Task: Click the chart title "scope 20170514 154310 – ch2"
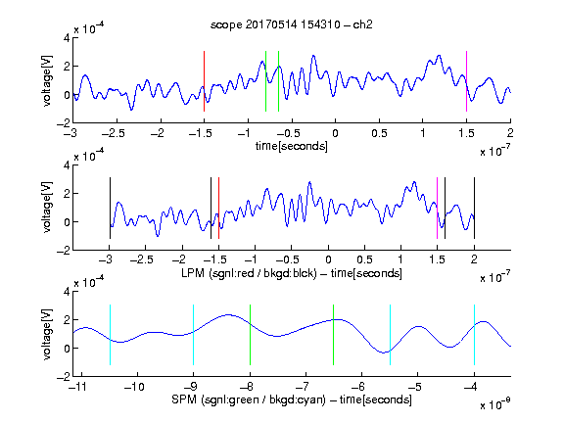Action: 292,24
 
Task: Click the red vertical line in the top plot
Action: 204,81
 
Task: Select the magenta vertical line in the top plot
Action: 466,81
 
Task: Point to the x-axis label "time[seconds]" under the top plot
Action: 292,146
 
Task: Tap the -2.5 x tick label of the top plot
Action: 114,133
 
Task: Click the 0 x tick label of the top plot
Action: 335,133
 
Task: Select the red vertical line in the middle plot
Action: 218,208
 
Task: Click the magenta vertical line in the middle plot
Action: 437,208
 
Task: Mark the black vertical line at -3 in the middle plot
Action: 110,208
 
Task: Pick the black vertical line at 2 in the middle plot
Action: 474,208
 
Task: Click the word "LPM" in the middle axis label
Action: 193,273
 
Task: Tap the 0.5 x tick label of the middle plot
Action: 364,259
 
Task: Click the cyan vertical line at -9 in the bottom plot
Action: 194,335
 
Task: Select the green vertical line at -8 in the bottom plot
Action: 250,335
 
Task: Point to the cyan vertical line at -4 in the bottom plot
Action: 474,335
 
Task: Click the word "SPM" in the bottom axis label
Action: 184,399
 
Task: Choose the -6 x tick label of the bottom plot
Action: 358,387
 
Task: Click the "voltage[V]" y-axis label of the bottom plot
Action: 47,335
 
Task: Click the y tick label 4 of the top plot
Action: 67,38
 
